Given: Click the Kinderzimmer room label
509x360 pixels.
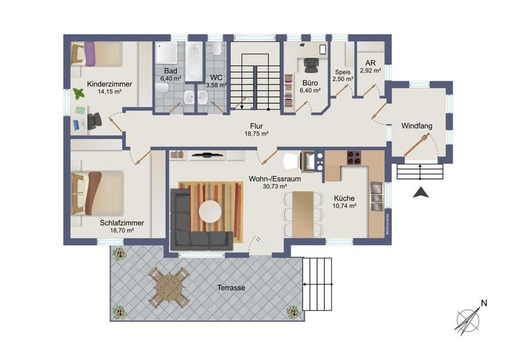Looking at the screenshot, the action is (x=109, y=84).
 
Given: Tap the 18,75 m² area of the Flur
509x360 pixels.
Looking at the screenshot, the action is (x=256, y=133).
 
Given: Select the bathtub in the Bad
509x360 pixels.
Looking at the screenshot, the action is (x=194, y=61).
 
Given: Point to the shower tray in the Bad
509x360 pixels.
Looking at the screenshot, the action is (x=166, y=52).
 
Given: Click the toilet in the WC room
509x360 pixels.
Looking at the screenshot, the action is (x=216, y=48).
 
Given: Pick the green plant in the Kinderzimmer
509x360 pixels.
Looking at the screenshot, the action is (x=79, y=94).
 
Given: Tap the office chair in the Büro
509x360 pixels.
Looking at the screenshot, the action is (x=311, y=65).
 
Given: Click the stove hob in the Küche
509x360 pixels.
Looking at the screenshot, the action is (x=354, y=158).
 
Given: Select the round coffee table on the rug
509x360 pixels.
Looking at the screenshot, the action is (x=210, y=211).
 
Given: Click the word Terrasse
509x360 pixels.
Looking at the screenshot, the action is (x=231, y=288).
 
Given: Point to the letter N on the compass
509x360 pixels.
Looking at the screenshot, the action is (x=484, y=304).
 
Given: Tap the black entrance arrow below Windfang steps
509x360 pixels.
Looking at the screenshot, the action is (x=421, y=192).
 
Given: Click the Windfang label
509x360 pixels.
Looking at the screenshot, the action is (x=417, y=126).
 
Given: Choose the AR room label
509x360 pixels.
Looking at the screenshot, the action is (x=370, y=63).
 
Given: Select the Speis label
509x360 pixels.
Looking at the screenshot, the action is (x=343, y=72).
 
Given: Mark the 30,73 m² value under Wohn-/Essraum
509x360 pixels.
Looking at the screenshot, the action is (x=274, y=186).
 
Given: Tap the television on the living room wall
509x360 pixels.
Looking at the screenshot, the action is (x=207, y=155).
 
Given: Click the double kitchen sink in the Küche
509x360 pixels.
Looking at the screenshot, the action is (x=377, y=196).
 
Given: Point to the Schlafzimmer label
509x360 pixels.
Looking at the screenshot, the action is (x=122, y=223).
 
